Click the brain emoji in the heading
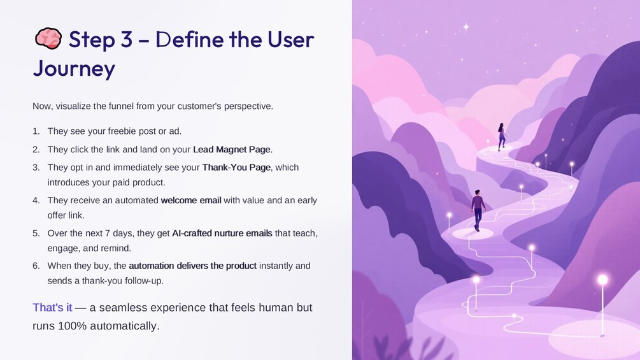[48, 39]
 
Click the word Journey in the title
[74, 69]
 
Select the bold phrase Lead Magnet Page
[232, 149]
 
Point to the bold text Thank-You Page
[236, 168]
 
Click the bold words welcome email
[191, 201]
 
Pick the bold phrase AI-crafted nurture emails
[222, 233]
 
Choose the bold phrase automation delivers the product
[193, 266]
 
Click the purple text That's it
[52, 307]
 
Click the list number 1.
[36, 131]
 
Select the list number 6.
[36, 266]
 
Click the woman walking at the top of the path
[502, 137]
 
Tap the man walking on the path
[478, 210]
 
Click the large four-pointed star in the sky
[466, 27]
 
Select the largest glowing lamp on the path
[602, 280]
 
